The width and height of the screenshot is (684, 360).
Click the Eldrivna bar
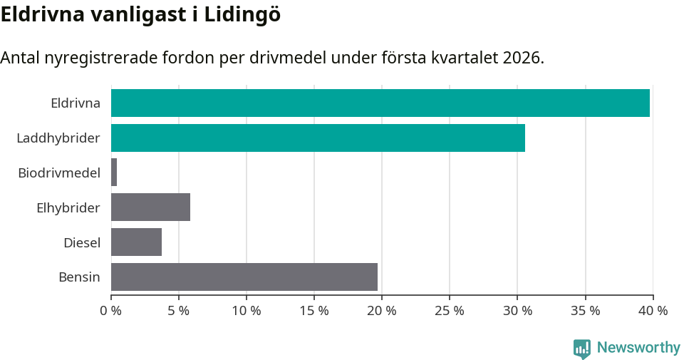(380, 103)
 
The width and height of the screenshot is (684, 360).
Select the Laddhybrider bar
(318, 138)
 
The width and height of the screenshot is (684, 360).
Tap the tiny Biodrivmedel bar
(114, 173)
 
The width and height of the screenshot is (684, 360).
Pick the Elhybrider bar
(150, 207)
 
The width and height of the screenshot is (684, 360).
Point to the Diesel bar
(136, 242)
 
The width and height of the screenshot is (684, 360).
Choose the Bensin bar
(244, 277)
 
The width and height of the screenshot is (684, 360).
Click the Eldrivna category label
(75, 103)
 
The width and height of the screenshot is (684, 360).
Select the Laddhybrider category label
(58, 138)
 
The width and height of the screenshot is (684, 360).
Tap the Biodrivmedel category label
(59, 173)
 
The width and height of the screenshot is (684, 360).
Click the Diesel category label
(81, 242)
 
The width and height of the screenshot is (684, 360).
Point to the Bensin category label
(79, 277)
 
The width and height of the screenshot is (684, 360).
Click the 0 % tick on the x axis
(111, 311)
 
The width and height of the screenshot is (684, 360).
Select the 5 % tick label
(179, 311)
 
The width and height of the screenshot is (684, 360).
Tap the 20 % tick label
(382, 311)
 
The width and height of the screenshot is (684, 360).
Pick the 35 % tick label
(585, 311)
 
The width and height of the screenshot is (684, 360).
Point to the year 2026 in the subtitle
(522, 58)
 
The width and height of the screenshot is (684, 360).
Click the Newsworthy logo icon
(582, 348)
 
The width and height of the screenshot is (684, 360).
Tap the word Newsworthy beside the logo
(638, 348)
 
